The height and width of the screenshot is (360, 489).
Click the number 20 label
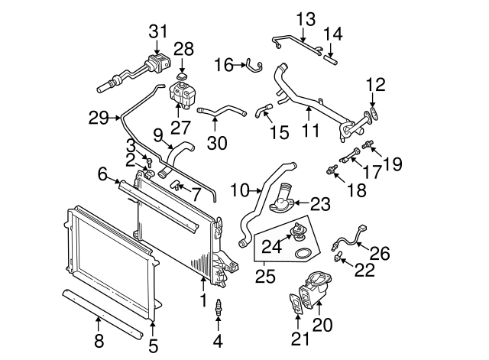click(323, 325)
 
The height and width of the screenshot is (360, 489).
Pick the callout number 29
click(98, 118)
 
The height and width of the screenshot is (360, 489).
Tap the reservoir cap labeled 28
click(181, 77)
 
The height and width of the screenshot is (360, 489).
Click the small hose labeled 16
click(251, 66)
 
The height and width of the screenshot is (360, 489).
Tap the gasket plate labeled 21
click(296, 303)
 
